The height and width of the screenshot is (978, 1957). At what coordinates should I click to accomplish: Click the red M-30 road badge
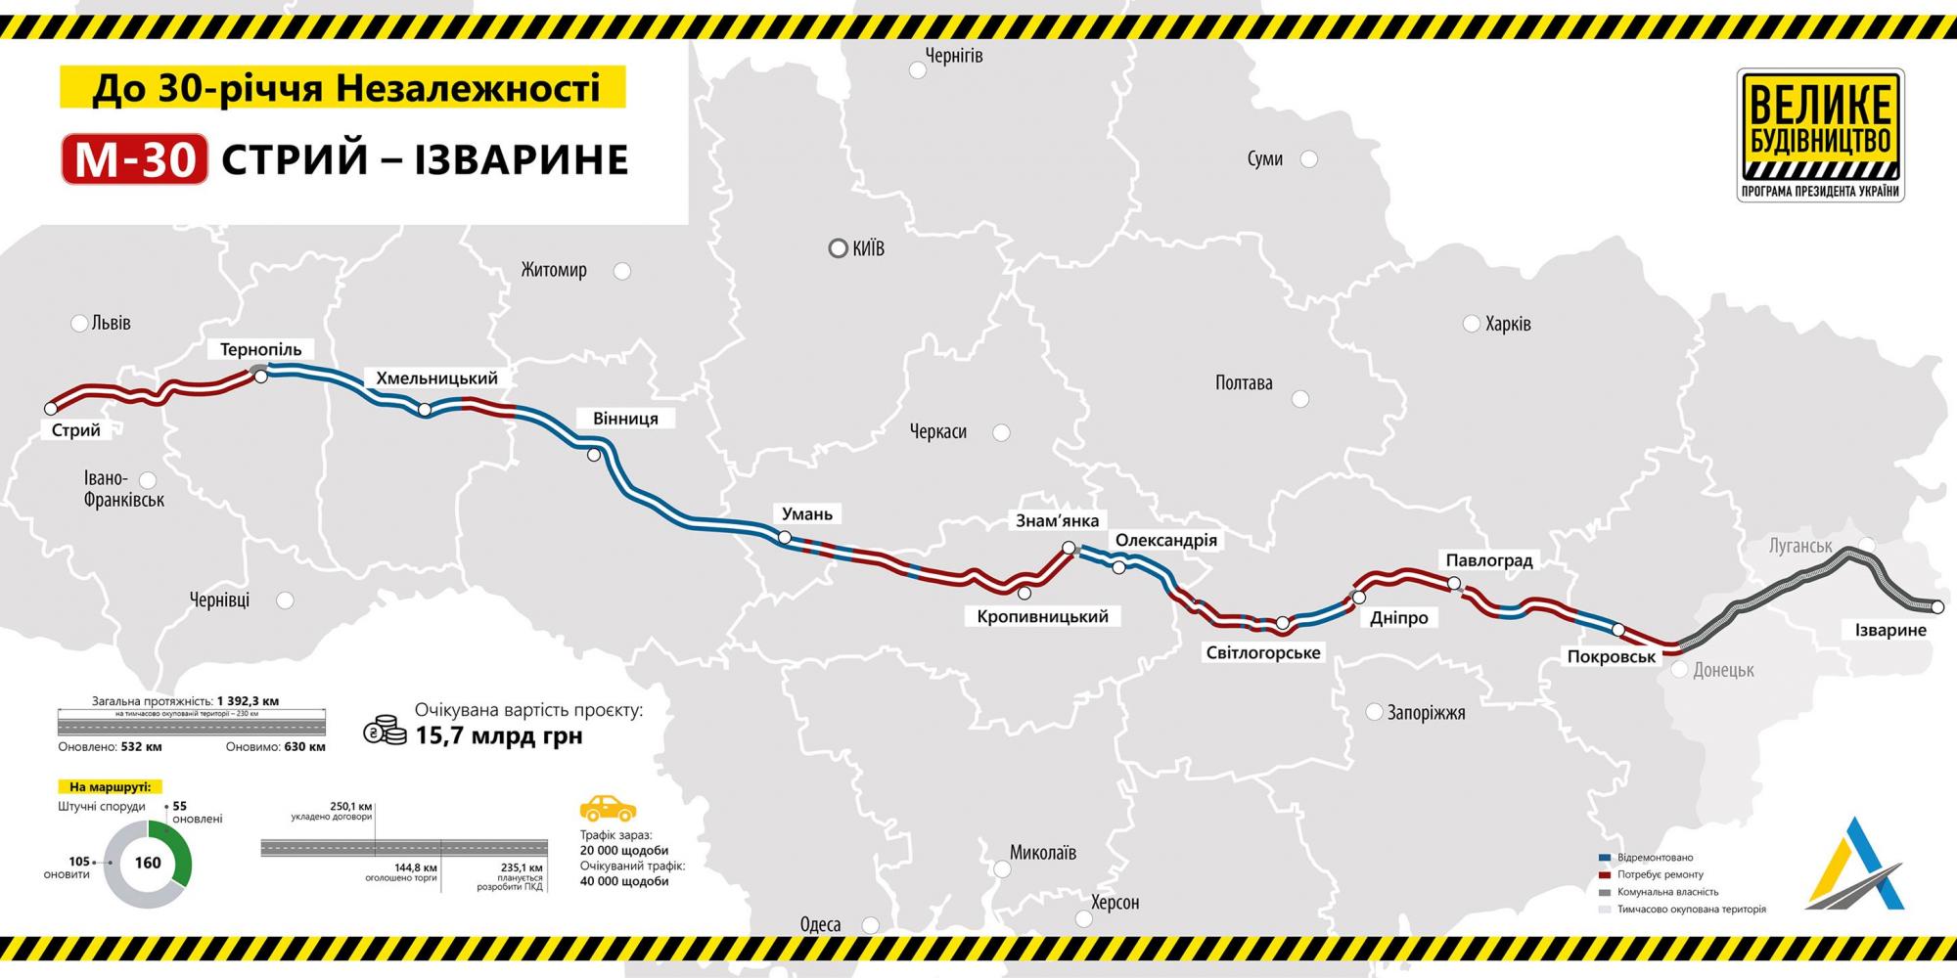pyautogui.click(x=135, y=158)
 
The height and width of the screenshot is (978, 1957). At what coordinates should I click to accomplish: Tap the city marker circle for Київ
pyautogui.click(x=838, y=248)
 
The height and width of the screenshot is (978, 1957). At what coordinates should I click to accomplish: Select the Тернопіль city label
pyautogui.click(x=260, y=349)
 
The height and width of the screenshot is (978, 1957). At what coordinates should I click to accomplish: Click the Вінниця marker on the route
pyautogui.click(x=594, y=455)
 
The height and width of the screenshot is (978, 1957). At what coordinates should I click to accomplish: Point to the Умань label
pyautogui.click(x=807, y=513)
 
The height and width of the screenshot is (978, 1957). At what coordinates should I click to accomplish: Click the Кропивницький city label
pyautogui.click(x=1042, y=616)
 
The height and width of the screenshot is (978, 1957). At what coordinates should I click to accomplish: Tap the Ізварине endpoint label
pyautogui.click(x=1890, y=630)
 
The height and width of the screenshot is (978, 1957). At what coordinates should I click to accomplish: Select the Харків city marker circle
pyautogui.click(x=1471, y=324)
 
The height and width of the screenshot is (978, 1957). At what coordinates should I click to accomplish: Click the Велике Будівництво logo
pyautogui.click(x=1820, y=134)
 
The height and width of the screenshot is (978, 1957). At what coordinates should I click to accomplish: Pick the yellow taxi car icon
pyautogui.click(x=608, y=808)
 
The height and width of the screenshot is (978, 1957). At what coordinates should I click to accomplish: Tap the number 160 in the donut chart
pyautogui.click(x=148, y=863)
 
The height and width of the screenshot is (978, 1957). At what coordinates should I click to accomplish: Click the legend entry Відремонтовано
pyautogui.click(x=1654, y=858)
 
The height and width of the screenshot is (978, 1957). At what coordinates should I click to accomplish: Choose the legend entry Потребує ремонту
pyautogui.click(x=1659, y=874)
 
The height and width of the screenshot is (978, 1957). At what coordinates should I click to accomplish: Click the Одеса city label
pyautogui.click(x=820, y=924)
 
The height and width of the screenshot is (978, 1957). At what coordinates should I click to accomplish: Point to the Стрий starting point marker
pyautogui.click(x=51, y=409)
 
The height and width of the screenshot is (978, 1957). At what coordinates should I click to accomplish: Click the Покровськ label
pyautogui.click(x=1611, y=657)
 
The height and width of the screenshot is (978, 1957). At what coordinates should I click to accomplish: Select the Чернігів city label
pyautogui.click(x=953, y=56)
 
